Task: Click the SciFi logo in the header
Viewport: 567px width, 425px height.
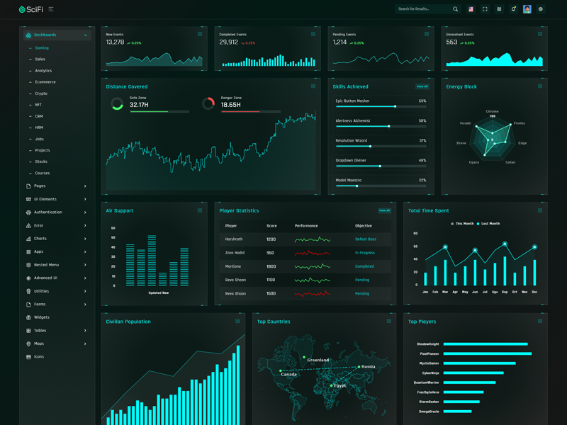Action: click(x=31, y=9)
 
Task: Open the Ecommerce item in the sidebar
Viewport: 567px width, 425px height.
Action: click(x=45, y=82)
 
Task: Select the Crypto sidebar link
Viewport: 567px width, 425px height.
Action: click(x=41, y=93)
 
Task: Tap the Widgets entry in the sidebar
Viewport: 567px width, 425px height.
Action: click(x=42, y=317)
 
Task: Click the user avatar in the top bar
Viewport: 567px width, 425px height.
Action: click(x=527, y=9)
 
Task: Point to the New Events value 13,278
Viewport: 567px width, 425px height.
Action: click(x=115, y=42)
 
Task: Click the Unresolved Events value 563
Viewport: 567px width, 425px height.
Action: click(x=451, y=42)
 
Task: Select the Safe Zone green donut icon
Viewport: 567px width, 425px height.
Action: click(x=117, y=104)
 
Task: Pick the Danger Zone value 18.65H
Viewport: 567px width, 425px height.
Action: click(x=231, y=105)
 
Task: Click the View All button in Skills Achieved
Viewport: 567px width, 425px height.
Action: click(x=422, y=86)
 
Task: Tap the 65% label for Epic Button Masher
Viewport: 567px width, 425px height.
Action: click(x=422, y=101)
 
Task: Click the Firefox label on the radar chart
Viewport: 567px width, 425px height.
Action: click(x=520, y=123)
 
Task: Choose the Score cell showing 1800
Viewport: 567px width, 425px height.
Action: click(x=271, y=266)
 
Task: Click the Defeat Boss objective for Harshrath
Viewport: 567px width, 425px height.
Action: click(x=366, y=239)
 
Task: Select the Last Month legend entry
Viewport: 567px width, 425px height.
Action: click(x=489, y=224)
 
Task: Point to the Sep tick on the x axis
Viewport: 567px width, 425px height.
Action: click(x=505, y=292)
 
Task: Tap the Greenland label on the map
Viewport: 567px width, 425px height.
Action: click(x=318, y=360)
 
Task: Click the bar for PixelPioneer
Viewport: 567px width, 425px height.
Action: click(x=488, y=353)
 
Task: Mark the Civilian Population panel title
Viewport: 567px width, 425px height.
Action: click(x=128, y=322)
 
